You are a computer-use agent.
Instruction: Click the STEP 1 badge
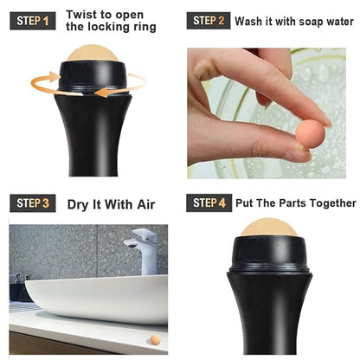33,21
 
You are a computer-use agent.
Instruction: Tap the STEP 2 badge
209,21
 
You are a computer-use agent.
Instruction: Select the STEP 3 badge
33,203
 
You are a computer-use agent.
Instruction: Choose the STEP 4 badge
209,202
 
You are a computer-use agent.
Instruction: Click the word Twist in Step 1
81,15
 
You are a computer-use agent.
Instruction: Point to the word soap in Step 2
312,22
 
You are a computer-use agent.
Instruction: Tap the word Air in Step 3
146,204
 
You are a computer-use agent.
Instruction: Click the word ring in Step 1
144,27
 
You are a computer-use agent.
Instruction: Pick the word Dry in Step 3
77,205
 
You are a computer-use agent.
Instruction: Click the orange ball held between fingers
310,133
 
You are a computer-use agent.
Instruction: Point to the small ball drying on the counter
155,340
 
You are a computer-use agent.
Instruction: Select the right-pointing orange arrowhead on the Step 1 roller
55,76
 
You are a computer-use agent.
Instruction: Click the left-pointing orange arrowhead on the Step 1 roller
100,93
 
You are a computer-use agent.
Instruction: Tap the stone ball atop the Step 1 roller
93,53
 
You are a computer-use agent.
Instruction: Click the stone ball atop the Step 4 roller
269,228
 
